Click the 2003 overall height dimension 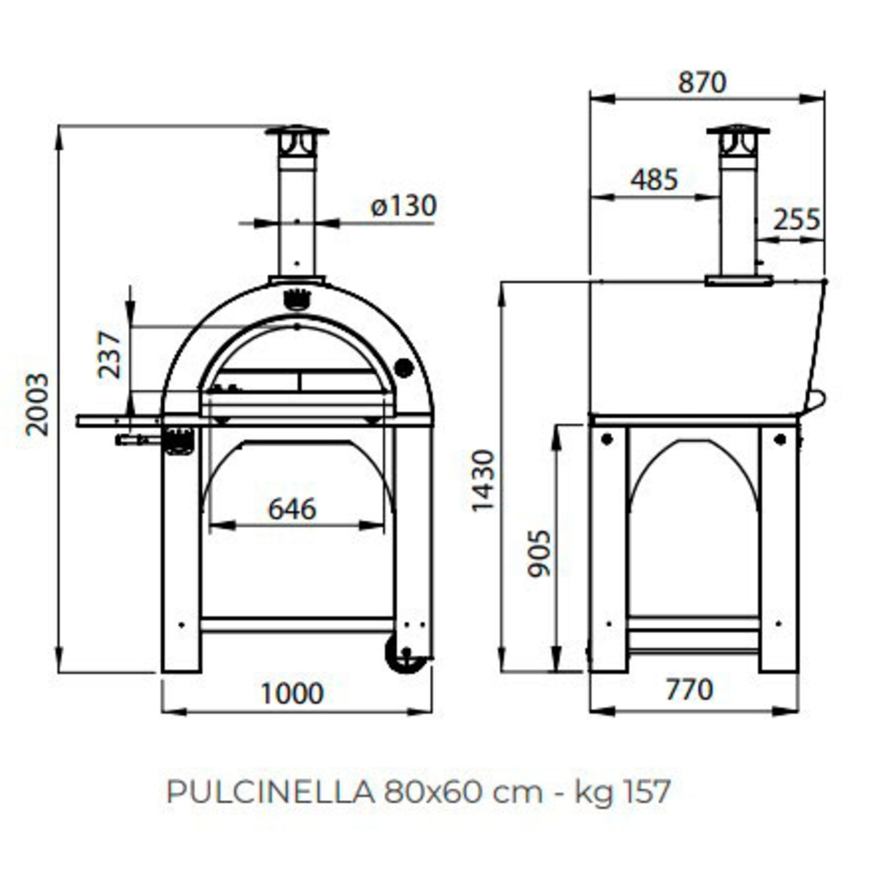37,404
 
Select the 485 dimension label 654,180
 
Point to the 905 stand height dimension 539,553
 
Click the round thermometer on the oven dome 404,368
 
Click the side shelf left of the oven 119,421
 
